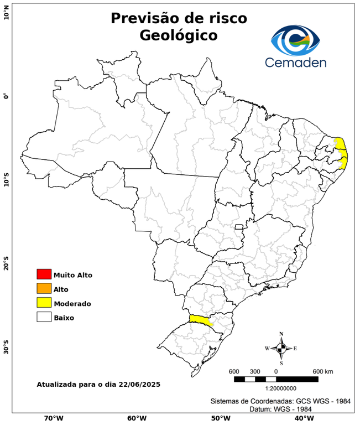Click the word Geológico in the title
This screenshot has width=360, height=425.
click(x=179, y=35)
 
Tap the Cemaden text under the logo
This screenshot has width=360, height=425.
click(x=296, y=62)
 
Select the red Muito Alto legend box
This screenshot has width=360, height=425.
click(x=44, y=274)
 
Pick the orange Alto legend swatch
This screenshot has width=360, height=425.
click(x=44, y=289)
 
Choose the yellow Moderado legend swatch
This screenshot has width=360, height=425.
click(x=44, y=303)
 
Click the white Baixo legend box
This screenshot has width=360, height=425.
click(x=44, y=318)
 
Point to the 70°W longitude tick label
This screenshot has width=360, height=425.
click(x=53, y=418)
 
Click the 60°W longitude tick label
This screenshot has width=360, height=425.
click(x=136, y=418)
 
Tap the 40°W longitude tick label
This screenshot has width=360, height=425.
click(x=302, y=418)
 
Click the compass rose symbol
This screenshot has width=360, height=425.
click(x=281, y=348)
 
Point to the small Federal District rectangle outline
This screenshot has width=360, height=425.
click(x=239, y=227)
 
